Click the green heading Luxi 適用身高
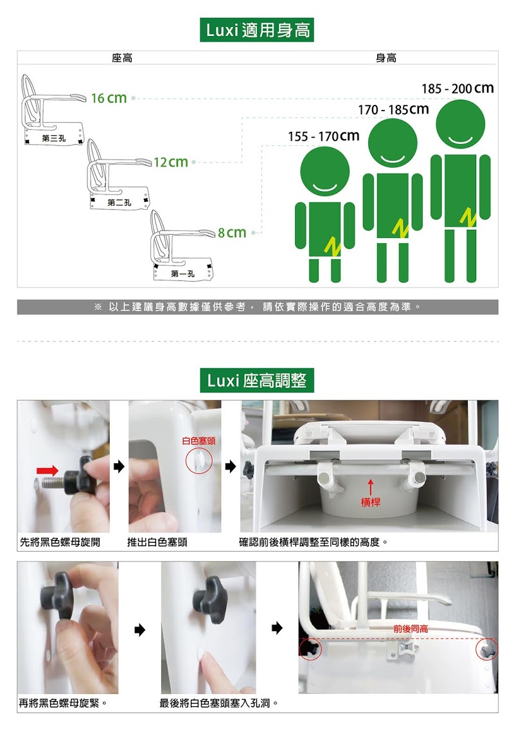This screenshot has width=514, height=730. click(257, 30)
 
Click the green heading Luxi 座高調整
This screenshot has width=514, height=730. click(257, 380)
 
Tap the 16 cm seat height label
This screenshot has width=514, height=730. click(109, 98)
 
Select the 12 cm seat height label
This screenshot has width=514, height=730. click(171, 162)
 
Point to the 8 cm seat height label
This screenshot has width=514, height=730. click(232, 232)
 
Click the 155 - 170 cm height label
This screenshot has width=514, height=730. click(324, 136)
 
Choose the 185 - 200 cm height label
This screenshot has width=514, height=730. click(457, 88)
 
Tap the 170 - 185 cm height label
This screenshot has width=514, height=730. click(393, 109)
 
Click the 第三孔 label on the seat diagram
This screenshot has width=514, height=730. click(53, 138)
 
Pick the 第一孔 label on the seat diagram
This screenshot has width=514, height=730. click(183, 274)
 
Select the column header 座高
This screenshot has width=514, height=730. click(122, 58)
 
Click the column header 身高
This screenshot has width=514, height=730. click(386, 58)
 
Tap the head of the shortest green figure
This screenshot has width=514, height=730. click(324, 171)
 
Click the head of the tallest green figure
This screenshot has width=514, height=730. click(461, 124)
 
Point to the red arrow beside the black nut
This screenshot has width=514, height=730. click(48, 471)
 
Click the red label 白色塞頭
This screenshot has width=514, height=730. click(199, 441)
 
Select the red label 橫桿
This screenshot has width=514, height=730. click(371, 502)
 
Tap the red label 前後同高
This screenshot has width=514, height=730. click(411, 629)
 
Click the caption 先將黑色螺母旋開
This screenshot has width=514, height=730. click(60, 542)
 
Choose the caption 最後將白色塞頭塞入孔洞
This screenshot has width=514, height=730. click(219, 703)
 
